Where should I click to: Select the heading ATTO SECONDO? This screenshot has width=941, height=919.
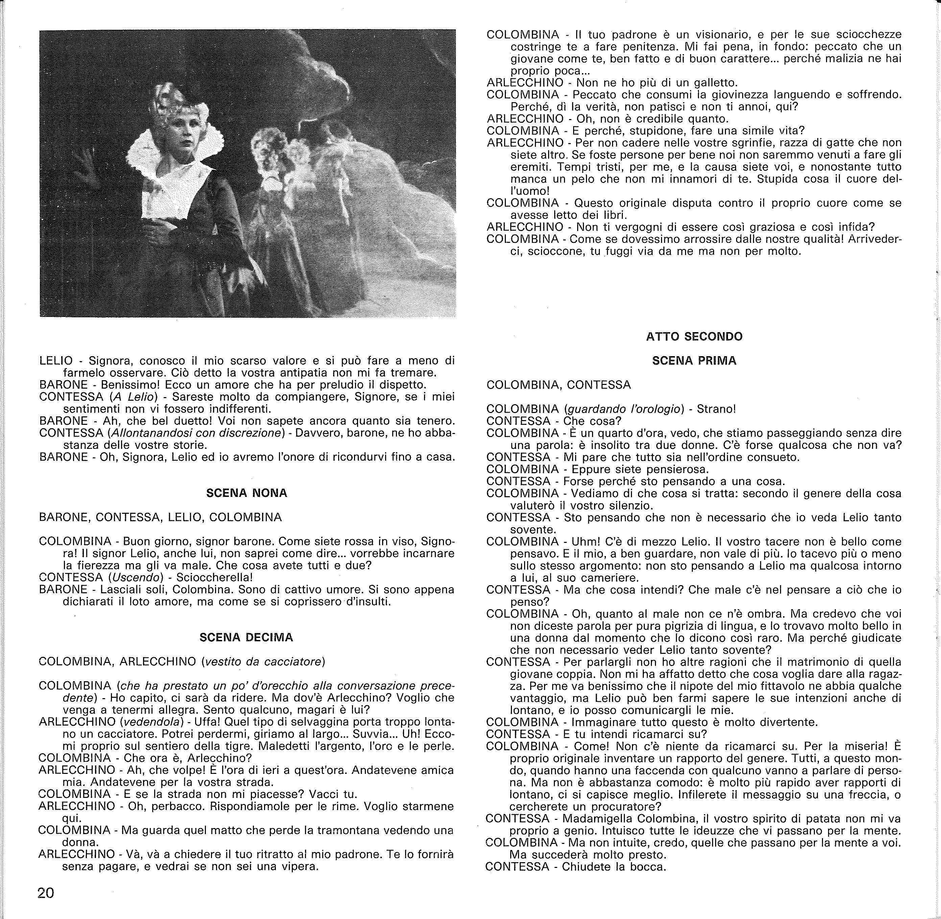(x=694, y=337)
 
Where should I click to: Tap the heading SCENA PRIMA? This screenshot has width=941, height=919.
(x=694, y=361)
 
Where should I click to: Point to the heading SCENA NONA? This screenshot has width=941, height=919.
(x=246, y=493)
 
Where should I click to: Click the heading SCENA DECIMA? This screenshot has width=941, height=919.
(x=246, y=637)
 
